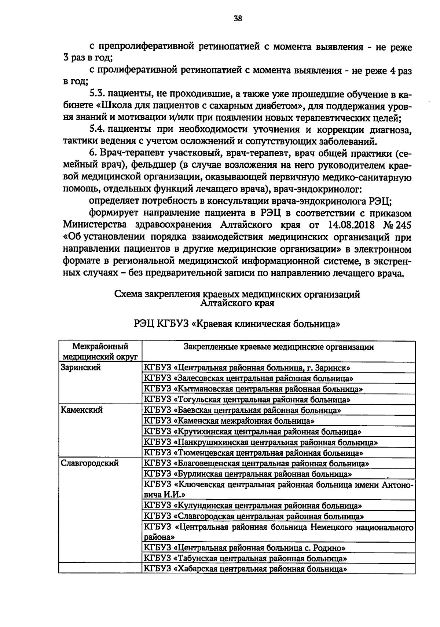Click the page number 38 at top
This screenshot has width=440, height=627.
[x=238, y=19]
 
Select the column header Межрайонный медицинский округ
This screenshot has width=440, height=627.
[x=100, y=351]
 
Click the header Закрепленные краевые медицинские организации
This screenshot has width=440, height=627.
[x=279, y=347]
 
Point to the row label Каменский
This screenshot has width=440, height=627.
[x=81, y=410]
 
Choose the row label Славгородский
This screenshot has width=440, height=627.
[x=89, y=463]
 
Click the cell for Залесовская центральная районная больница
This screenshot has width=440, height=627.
[x=249, y=378]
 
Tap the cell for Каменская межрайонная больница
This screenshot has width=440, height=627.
[x=229, y=421]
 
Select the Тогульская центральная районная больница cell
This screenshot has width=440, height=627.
[x=247, y=400]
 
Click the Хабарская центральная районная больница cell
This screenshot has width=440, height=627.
[x=246, y=579]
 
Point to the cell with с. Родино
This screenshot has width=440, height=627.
[x=245, y=548]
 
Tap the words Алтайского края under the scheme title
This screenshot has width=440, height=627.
[x=237, y=303]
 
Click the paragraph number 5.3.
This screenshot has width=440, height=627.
[x=98, y=95]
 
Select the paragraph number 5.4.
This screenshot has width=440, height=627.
[x=98, y=130]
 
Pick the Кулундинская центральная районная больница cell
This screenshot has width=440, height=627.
[x=253, y=506]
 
